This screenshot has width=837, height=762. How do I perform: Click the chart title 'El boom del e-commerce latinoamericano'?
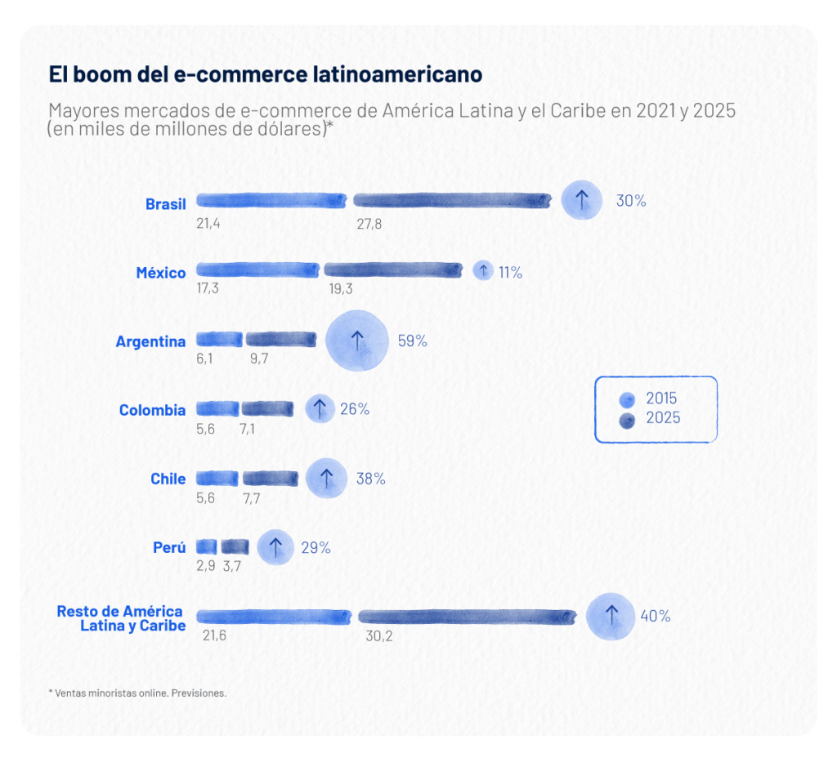coord(266,74)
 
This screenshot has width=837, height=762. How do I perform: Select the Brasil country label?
coord(166,203)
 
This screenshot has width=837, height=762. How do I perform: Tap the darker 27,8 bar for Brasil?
coord(453,201)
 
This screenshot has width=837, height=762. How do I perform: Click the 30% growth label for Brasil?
coord(630,201)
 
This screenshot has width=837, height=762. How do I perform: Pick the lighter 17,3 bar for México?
coord(258,270)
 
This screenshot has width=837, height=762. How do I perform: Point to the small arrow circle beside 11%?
coord(483,271)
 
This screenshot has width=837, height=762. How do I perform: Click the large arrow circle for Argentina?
coord(357,341)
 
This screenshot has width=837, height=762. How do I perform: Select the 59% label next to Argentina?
coord(412,341)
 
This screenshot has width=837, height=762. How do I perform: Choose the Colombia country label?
coord(152,410)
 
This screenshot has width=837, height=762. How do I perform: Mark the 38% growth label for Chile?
coord(370,479)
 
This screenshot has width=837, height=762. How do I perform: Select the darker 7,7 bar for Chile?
coord(271,479)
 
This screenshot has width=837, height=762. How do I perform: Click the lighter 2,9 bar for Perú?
coord(207,546)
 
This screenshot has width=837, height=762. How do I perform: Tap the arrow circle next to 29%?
coord(275,547)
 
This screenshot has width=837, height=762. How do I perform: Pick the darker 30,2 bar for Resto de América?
coord(467,617)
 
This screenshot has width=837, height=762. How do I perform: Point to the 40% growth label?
coord(655,617)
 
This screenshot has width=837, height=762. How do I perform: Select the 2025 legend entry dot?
coord(628,420)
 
